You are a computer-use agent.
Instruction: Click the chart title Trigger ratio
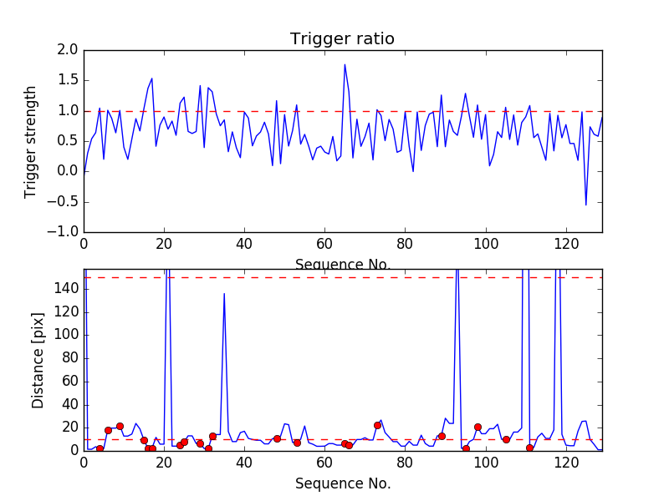tap(342, 39)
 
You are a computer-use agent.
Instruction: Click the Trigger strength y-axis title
tap(31, 141)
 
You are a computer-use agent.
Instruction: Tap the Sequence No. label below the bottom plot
tap(342, 483)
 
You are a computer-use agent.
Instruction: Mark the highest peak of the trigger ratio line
tap(345, 64)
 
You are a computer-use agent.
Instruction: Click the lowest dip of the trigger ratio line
tap(585, 205)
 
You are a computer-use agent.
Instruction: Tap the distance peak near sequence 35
tap(224, 293)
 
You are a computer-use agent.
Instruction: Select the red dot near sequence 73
tap(377, 425)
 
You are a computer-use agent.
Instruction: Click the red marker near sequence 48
tap(277, 438)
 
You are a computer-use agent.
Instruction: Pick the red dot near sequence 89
tap(442, 436)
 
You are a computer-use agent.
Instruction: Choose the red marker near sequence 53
tap(297, 443)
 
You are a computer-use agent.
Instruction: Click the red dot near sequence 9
tap(120, 426)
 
